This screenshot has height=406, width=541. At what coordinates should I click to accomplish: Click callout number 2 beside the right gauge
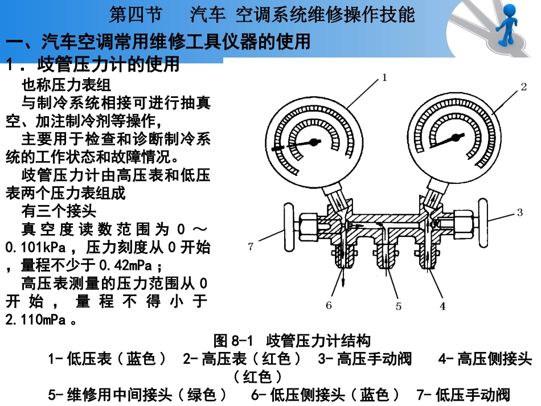coord(523,87)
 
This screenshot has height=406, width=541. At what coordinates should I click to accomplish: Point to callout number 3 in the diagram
coord(519,213)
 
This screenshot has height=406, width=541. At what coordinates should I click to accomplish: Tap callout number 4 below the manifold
coord(442,306)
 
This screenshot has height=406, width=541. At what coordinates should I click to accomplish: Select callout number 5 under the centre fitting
coord(399,306)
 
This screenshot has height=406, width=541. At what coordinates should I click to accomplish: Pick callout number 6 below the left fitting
coord(329,306)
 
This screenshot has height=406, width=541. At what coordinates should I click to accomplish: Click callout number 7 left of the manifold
coord(251,246)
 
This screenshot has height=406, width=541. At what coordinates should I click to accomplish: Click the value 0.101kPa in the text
coord(35,248)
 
